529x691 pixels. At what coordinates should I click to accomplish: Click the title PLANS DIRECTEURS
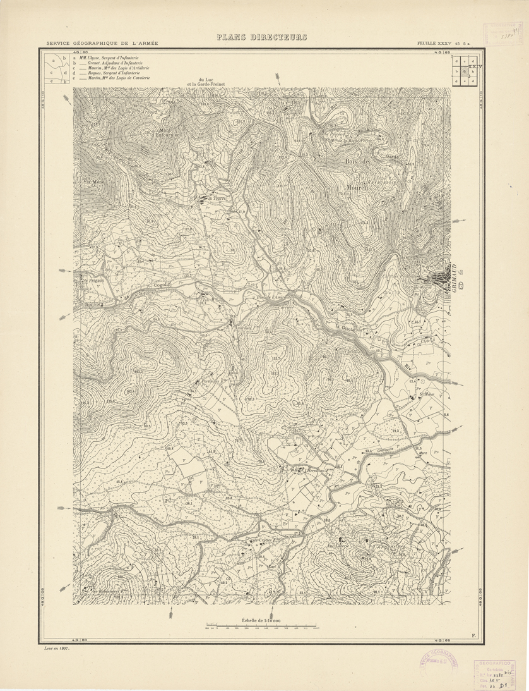coord(261,37)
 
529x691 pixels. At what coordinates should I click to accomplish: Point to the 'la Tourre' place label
coord(220,197)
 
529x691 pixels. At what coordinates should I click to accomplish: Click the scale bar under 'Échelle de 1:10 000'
coord(262,628)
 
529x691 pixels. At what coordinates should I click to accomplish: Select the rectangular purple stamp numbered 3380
coord(495,674)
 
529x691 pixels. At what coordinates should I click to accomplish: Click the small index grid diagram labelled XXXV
coord(465,70)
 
